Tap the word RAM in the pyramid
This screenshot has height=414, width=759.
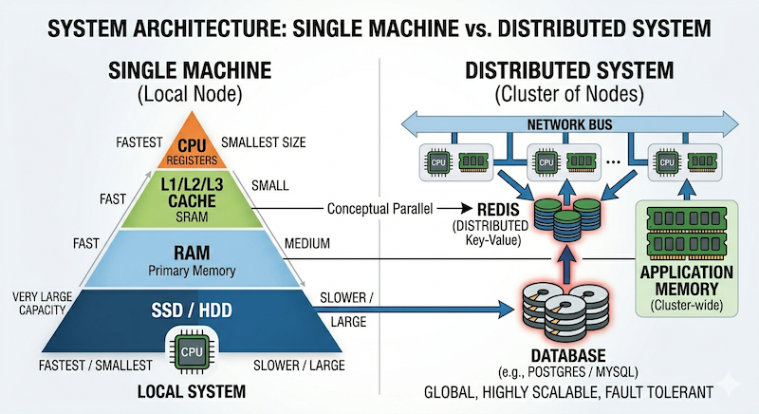tap(193, 253)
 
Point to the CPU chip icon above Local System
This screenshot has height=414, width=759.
tap(193, 349)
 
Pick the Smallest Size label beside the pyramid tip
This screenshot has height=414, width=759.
tap(263, 143)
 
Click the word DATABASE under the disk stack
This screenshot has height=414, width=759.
tap(554, 350)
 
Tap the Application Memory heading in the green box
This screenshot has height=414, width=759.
tap(689, 281)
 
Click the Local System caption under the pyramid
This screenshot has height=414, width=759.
tap(193, 390)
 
